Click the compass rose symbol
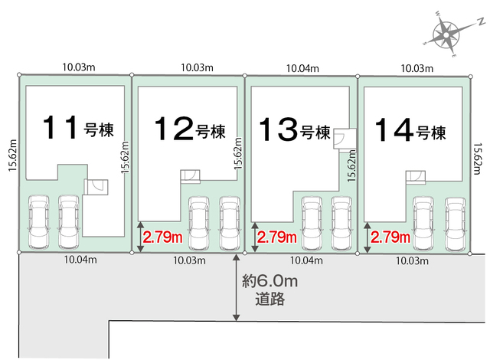coord(446,34)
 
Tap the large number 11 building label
coord(60,127)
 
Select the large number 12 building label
coord(174,128)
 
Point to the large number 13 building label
coord(278,129)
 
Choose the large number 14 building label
coord(394,129)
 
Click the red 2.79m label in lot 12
coord(162,237)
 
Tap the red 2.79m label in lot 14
coord(390,237)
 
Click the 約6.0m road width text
coord(270,282)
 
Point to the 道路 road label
coord(270,299)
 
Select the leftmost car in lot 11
coord(39,222)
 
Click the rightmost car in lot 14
coord(456,224)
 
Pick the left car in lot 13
coord(312,224)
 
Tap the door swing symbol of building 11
coord(96,187)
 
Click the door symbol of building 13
coord(345,139)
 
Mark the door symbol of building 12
coord(191,176)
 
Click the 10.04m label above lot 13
coord(302,68)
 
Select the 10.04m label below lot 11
coord(80,260)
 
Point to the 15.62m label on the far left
coord(12,155)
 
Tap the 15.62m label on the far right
coord(479,159)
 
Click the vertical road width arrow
coord(237,287)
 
